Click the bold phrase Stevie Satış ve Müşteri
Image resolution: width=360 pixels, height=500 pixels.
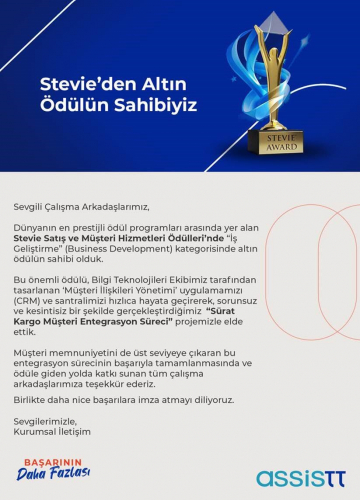90,239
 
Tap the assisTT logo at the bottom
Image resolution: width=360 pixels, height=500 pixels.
299,477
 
